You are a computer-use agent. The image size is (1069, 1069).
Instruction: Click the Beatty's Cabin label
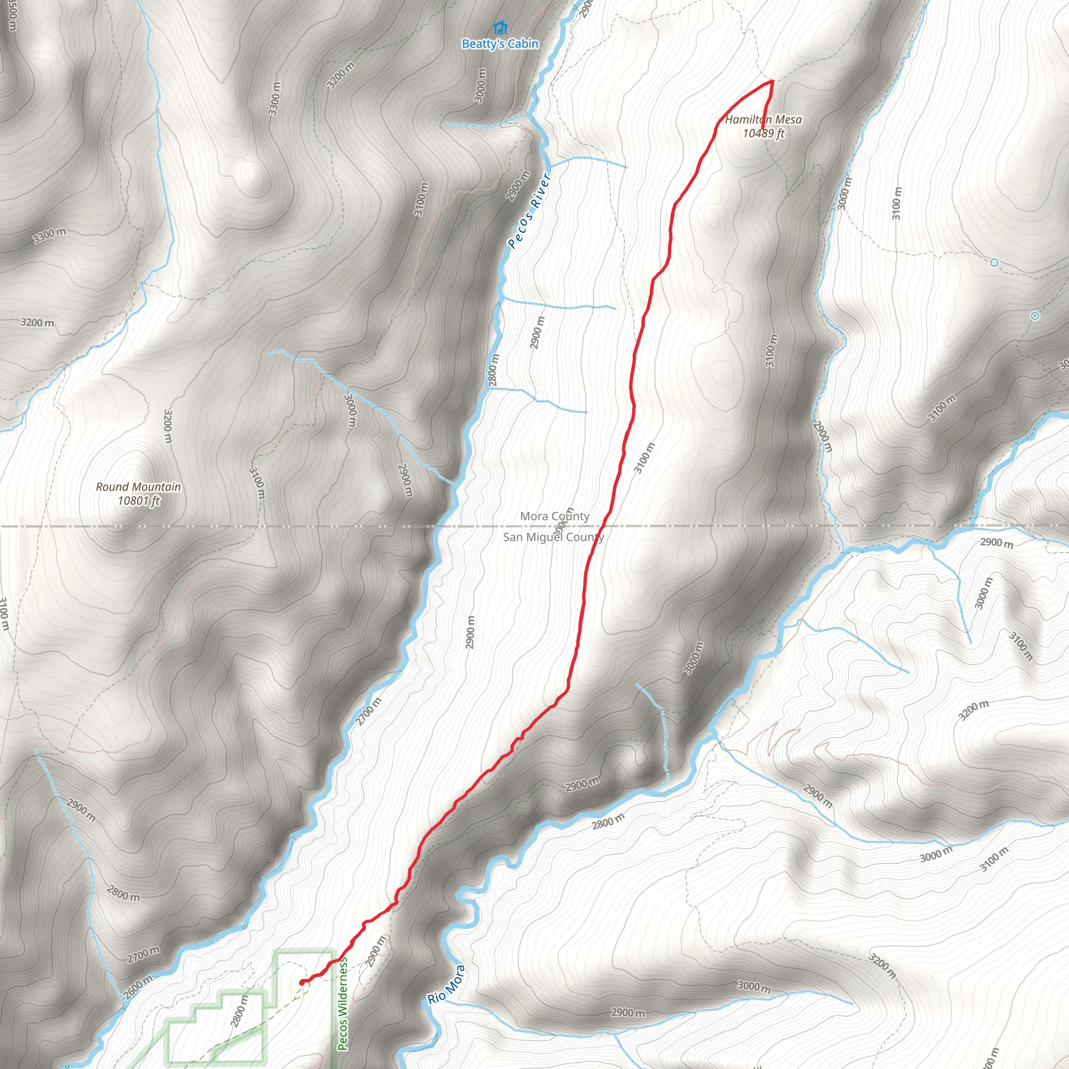click(x=500, y=44)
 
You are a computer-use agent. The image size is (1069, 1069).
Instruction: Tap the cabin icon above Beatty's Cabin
click(x=500, y=27)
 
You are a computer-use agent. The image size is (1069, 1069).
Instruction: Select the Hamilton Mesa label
click(x=763, y=120)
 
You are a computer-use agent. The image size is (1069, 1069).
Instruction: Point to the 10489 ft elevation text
click(x=764, y=133)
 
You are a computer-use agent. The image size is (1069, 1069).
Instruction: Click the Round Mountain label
click(x=138, y=487)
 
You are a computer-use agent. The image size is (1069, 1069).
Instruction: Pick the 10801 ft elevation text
click(x=139, y=501)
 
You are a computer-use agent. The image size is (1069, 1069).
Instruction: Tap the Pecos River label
click(x=528, y=211)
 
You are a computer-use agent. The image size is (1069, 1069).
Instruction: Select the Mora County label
click(x=554, y=516)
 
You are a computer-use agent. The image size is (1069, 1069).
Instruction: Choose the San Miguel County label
click(x=553, y=537)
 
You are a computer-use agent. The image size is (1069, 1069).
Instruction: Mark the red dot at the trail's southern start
click(x=302, y=982)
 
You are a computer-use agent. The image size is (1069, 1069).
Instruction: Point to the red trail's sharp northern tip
click(x=772, y=81)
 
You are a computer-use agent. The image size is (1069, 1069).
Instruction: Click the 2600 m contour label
click(x=137, y=987)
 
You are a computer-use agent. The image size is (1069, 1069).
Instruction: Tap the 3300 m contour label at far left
click(x=49, y=236)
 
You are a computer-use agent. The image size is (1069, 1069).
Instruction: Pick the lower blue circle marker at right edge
click(x=1035, y=316)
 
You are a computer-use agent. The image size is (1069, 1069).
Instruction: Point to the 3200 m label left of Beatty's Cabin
click(x=340, y=76)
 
